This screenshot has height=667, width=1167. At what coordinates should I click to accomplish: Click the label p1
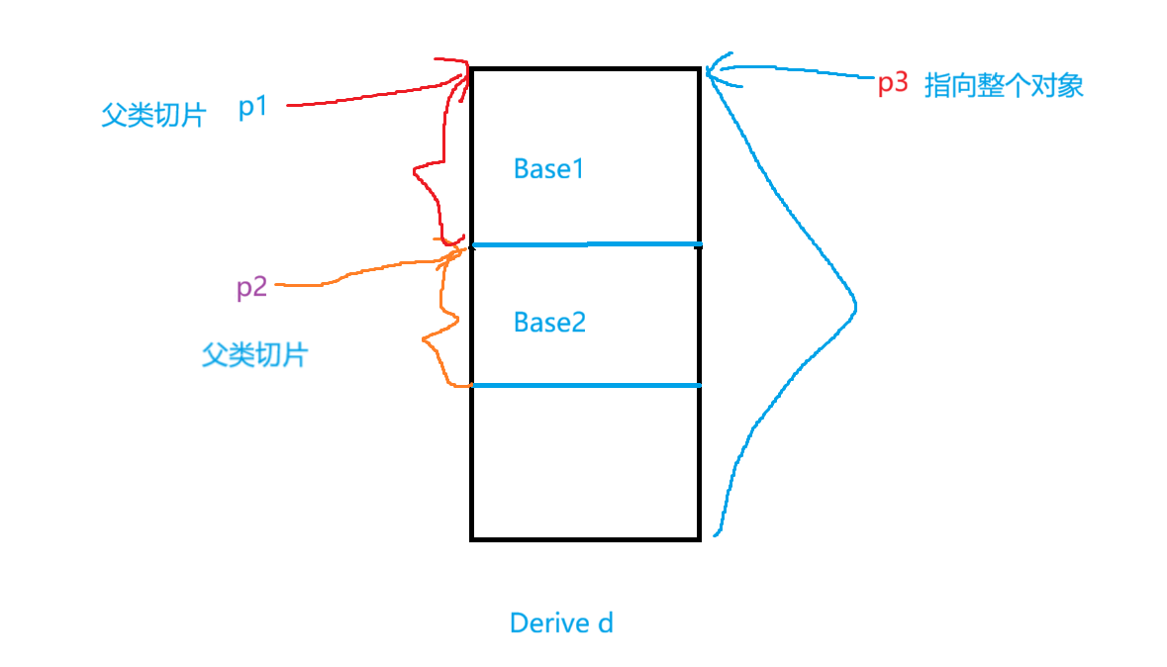(x=253, y=107)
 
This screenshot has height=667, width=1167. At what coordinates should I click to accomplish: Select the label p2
(x=251, y=288)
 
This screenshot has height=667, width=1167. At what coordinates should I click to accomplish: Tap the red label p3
(x=893, y=83)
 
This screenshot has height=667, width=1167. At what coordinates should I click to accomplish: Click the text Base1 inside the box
(x=549, y=169)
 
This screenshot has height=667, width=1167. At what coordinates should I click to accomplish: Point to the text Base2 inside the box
(x=549, y=322)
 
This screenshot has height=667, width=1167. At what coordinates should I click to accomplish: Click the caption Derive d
(x=561, y=622)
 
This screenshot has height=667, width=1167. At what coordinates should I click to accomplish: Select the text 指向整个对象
(x=1004, y=85)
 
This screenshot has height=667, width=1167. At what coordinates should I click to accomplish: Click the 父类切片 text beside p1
(x=153, y=116)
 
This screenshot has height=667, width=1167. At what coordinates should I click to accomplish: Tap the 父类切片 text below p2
(x=254, y=355)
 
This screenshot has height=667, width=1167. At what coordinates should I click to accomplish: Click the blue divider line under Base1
(x=586, y=243)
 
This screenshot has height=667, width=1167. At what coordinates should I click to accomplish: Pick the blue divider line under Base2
(x=586, y=385)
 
